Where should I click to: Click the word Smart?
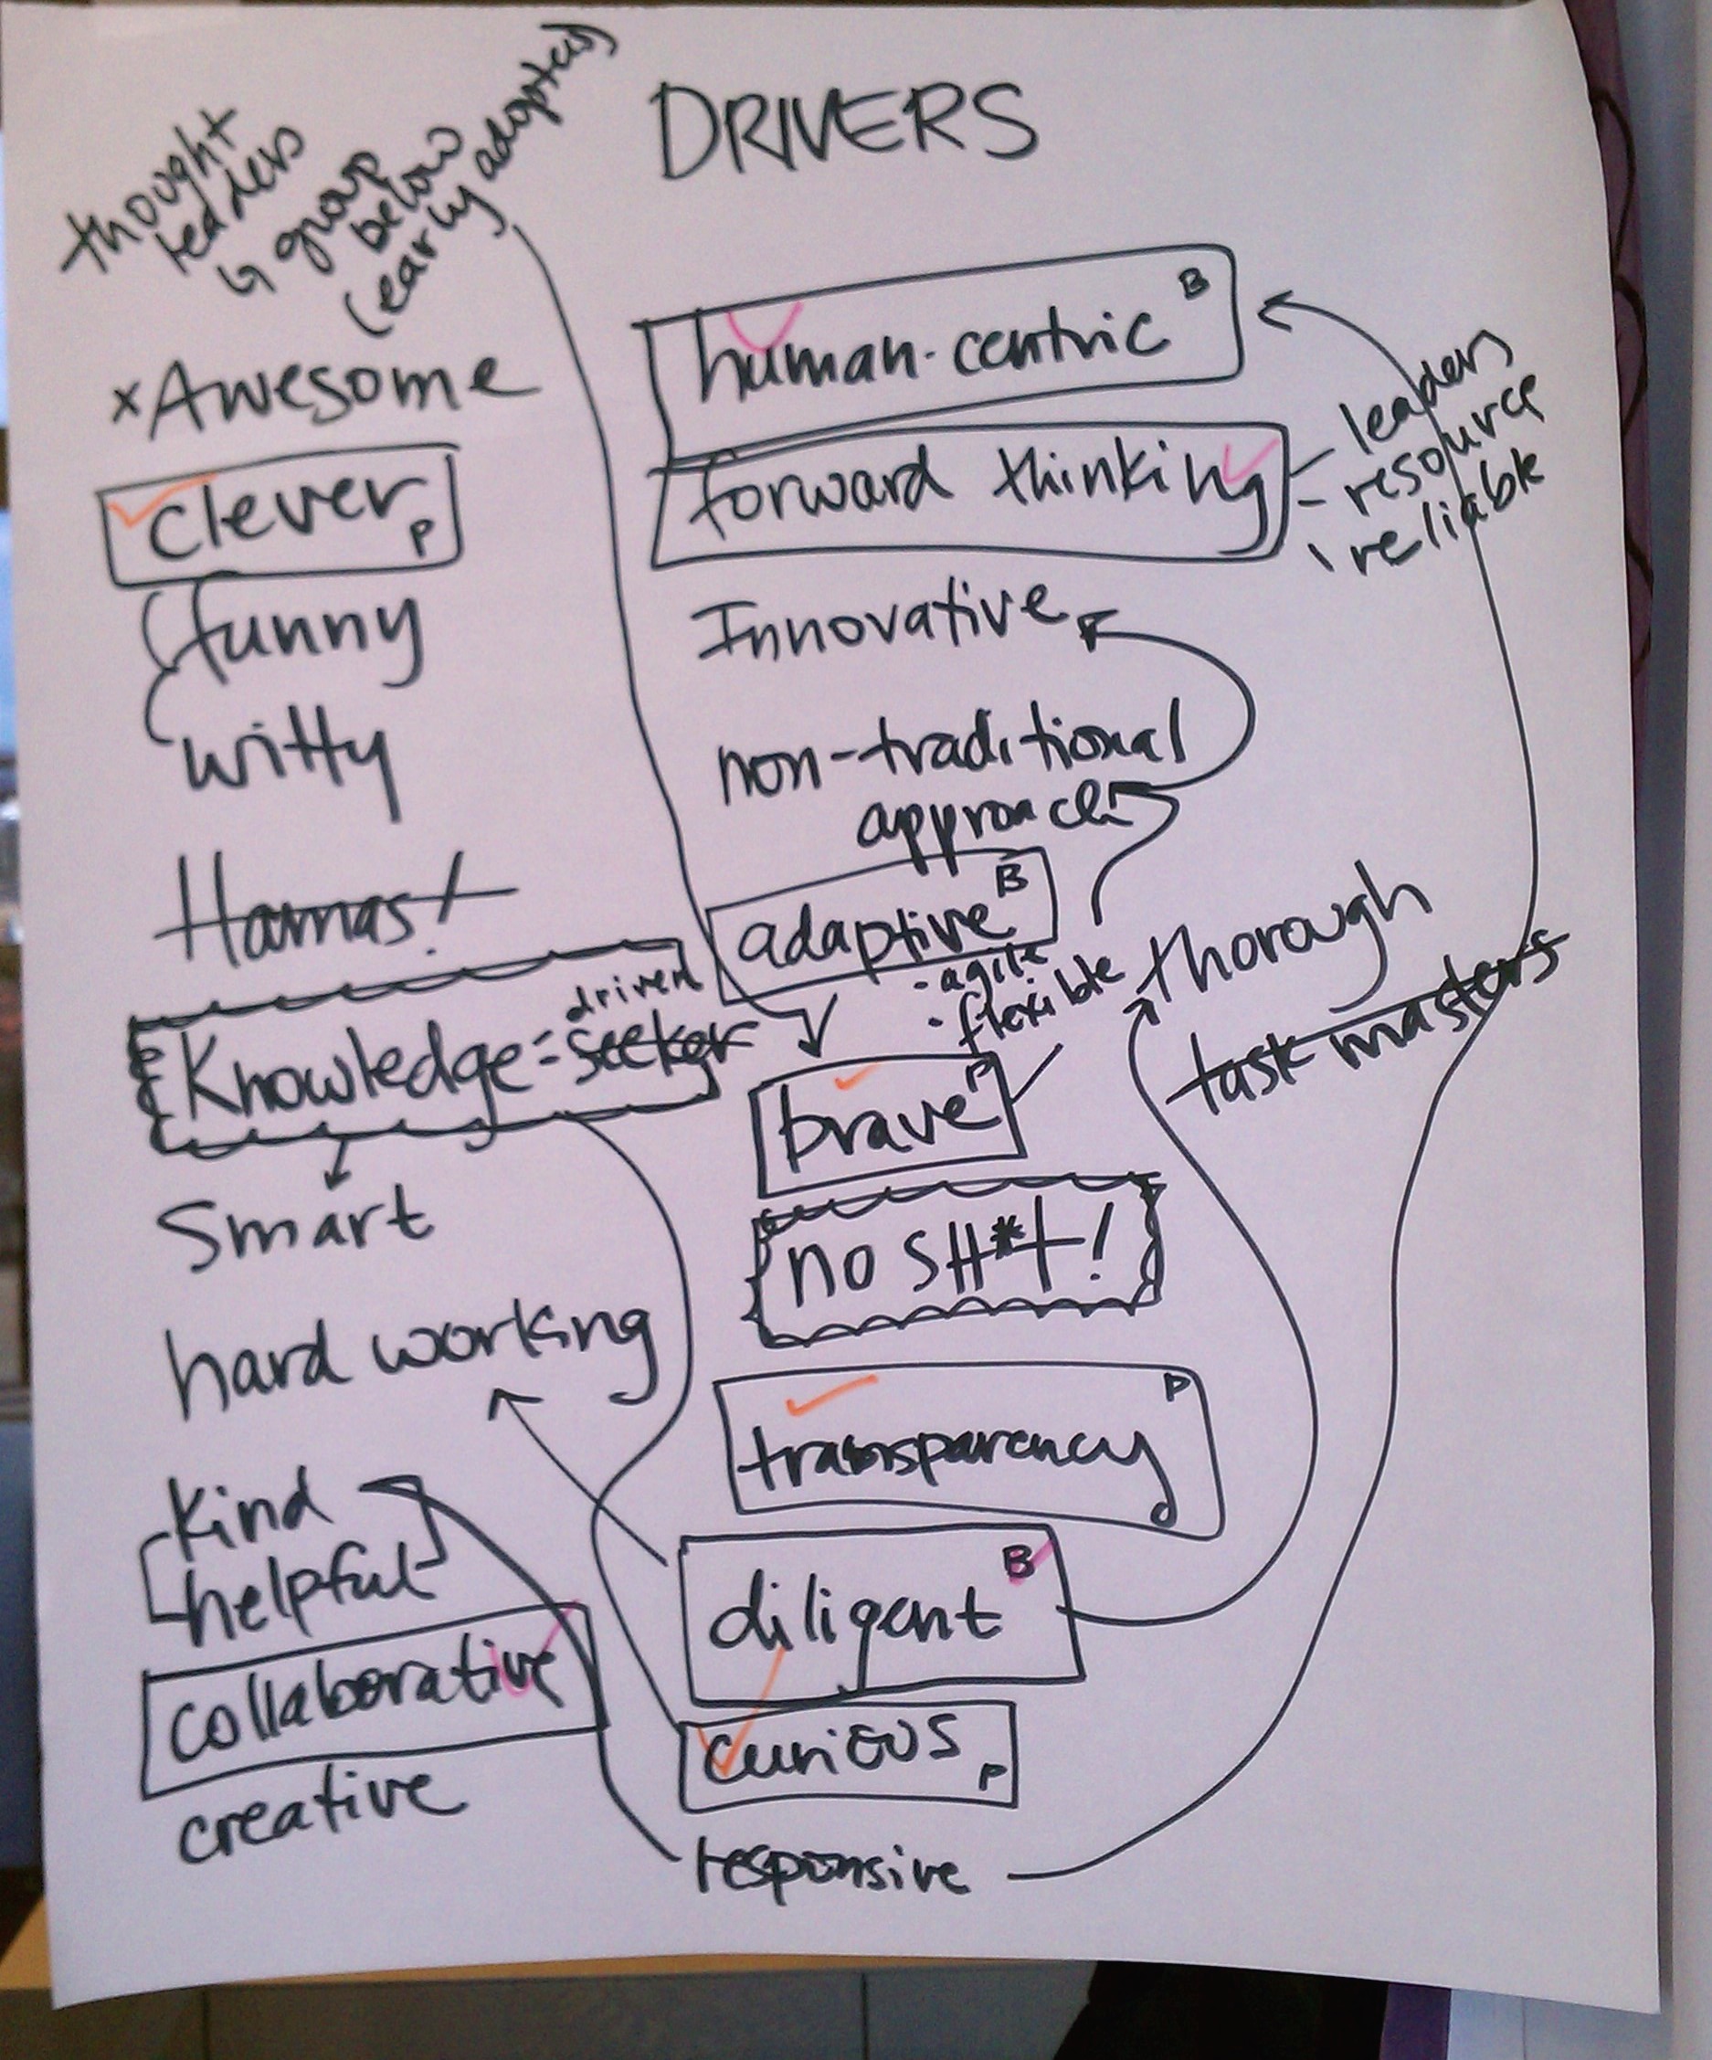pos(294,1226)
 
